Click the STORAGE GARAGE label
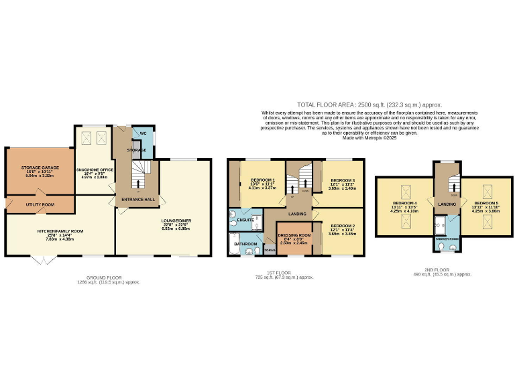(x=40, y=168)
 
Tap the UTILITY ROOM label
(x=40, y=204)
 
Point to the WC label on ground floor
(x=142, y=133)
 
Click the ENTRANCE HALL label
(x=137, y=200)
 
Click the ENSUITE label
(x=245, y=219)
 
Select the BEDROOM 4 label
(x=406, y=203)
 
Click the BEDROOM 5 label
(x=486, y=202)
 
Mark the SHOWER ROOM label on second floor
(x=447, y=239)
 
